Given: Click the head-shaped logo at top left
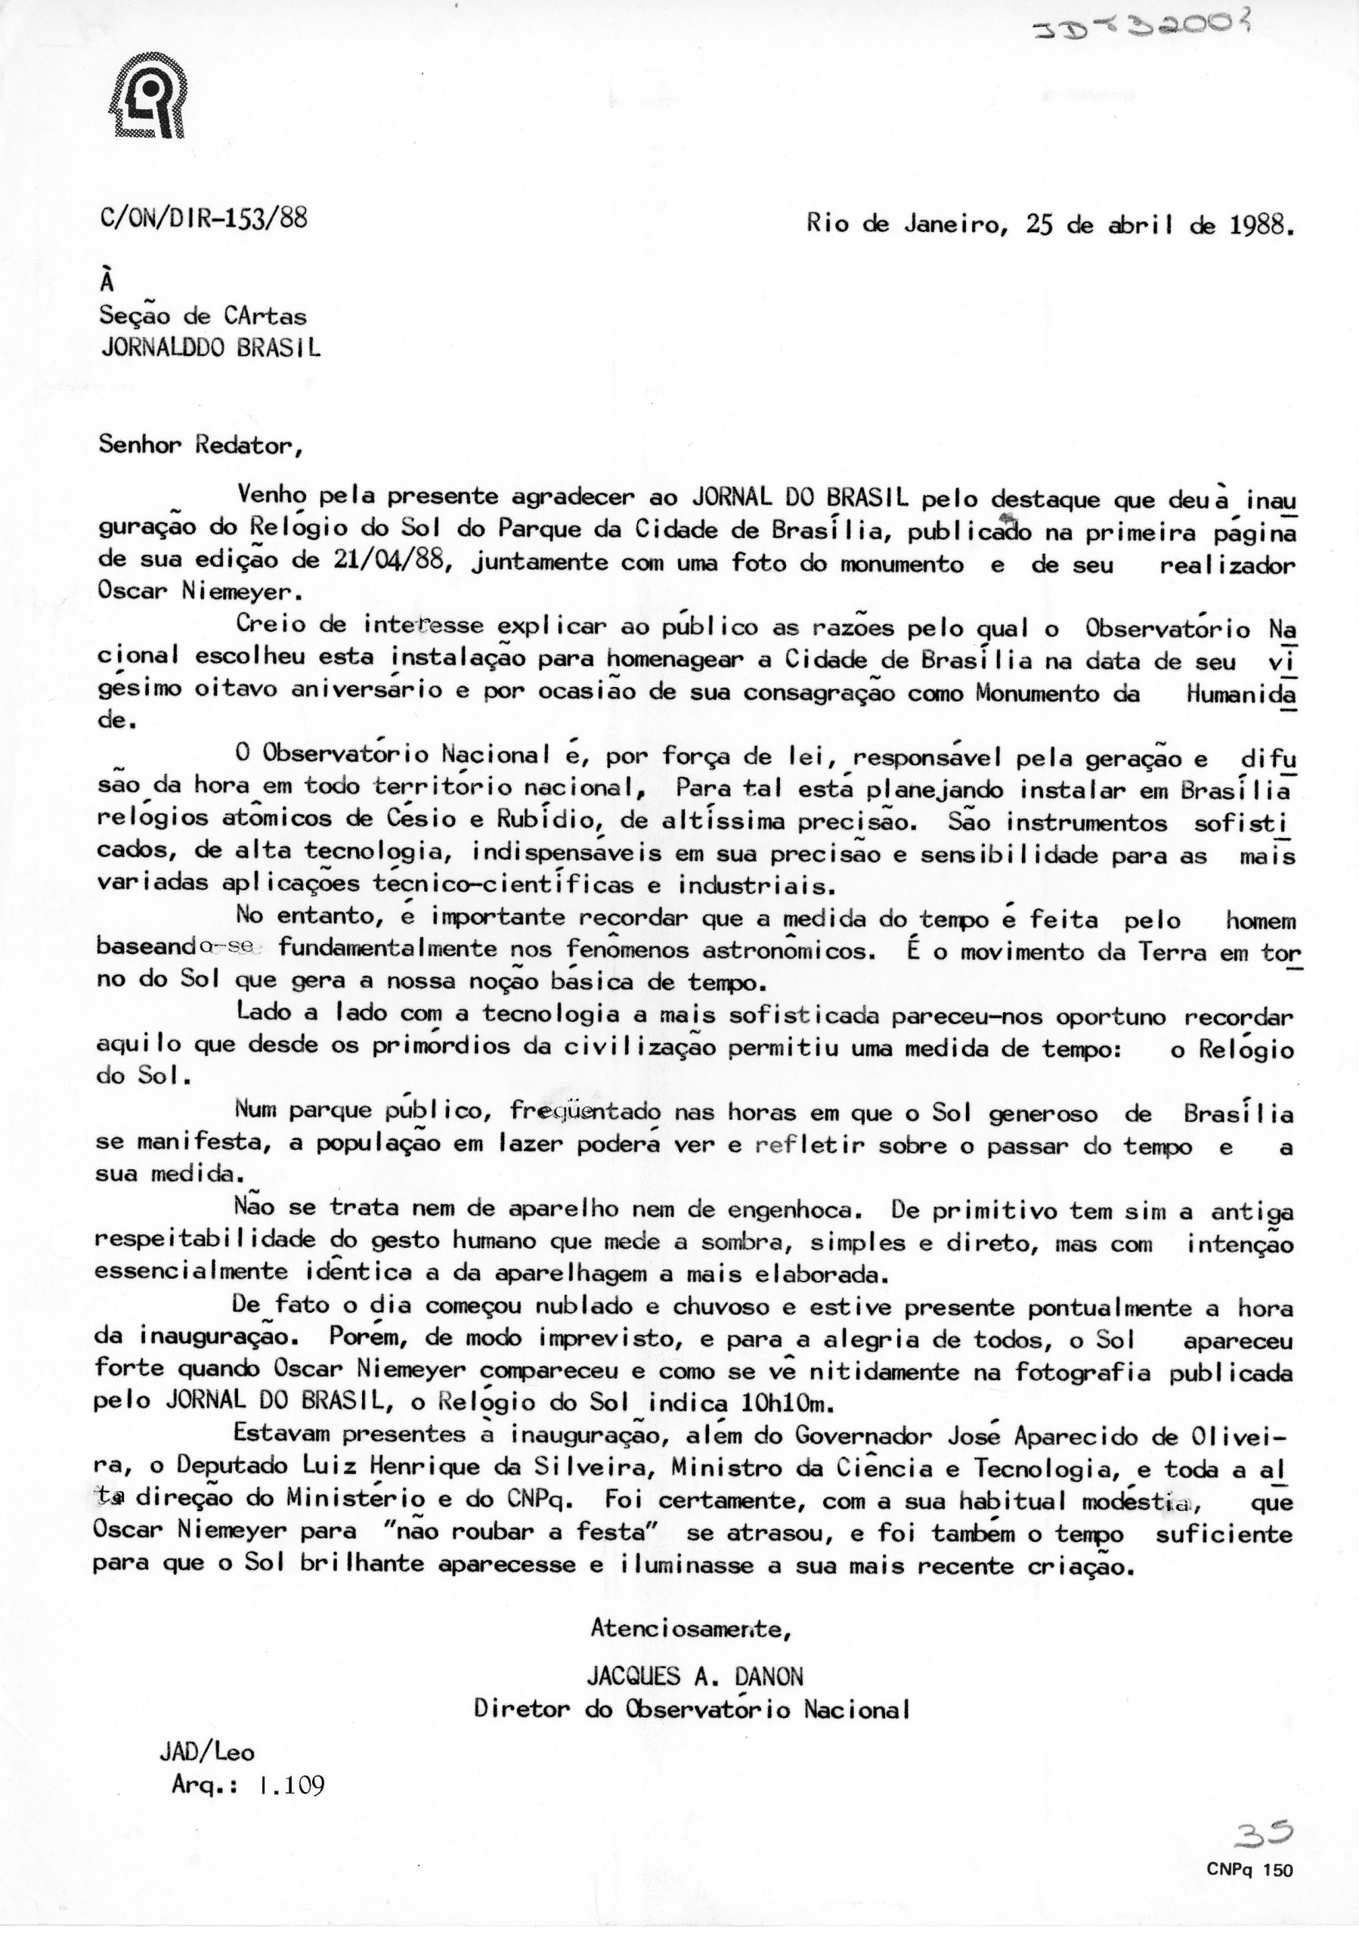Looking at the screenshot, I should click(148, 101).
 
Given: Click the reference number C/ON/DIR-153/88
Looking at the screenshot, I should click(204, 219).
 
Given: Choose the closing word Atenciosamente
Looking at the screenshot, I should click(690, 1629).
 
